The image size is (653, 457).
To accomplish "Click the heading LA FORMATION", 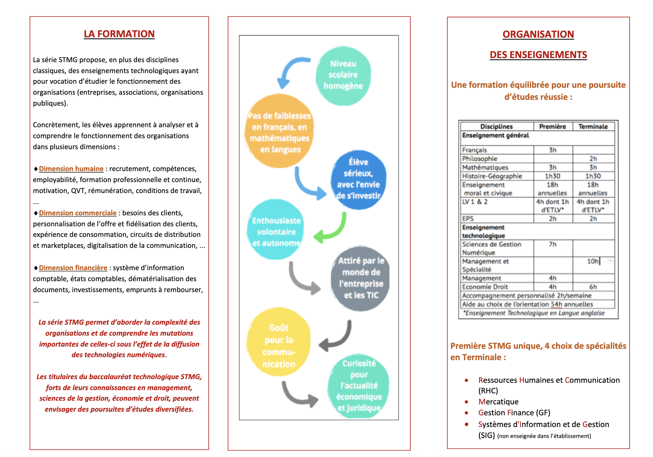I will (119, 34).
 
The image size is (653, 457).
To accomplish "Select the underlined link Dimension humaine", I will (71, 169).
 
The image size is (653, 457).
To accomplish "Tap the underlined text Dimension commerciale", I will (78, 213).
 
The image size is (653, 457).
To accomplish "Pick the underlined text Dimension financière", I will (73, 268).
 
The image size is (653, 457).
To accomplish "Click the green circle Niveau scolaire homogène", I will (343, 75).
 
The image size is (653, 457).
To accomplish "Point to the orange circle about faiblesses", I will (279, 132).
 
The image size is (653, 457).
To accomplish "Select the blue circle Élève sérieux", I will (358, 179).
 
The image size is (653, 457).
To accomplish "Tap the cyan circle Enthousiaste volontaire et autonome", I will (276, 231).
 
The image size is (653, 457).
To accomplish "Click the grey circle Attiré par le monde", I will (361, 278).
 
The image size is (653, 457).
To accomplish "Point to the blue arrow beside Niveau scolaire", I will (291, 71).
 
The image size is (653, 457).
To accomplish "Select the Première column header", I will (553, 126).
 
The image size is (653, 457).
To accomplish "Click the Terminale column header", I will (593, 126).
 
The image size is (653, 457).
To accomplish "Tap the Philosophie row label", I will (480, 159).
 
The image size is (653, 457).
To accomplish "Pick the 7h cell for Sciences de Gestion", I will (553, 244).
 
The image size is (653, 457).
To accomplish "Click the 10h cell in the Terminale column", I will (593, 261).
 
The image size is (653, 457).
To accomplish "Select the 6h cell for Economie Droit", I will (593, 287).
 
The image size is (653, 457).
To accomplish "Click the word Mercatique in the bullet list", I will (498, 402).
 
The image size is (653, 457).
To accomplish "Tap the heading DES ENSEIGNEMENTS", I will (538, 55).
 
